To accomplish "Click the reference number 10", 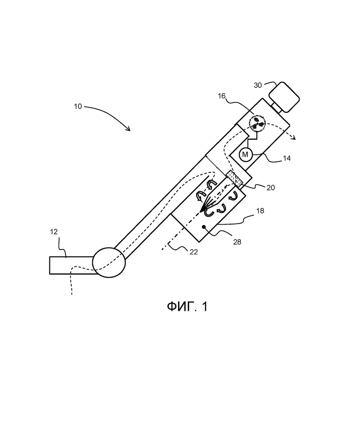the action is pyautogui.click(x=78, y=107).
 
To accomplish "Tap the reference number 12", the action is pyautogui.click(x=54, y=232).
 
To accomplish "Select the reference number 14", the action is pyautogui.click(x=287, y=158).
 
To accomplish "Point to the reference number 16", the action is pyautogui.click(x=222, y=96).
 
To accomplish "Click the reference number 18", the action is pyautogui.click(x=260, y=211).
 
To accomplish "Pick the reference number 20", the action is pyautogui.click(x=270, y=188).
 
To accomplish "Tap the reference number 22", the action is pyautogui.click(x=194, y=252).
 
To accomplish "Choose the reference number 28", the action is pyautogui.click(x=237, y=242).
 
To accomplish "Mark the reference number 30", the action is pyautogui.click(x=258, y=85).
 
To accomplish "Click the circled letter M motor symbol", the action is pyautogui.click(x=245, y=154).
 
